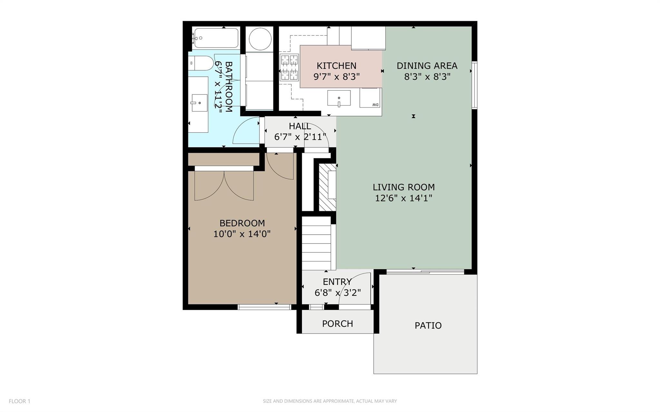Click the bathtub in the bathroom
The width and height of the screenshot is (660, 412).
click(216, 38)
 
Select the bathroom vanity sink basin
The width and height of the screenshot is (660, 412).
click(199, 103)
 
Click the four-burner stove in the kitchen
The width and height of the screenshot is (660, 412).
click(289, 67)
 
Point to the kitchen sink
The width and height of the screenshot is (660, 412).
click(339, 98)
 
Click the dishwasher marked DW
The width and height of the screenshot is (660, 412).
click(370, 98)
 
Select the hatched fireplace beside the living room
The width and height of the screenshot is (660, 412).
click(327, 187)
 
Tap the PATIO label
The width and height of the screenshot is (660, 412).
click(428, 325)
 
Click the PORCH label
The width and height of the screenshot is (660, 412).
click(337, 323)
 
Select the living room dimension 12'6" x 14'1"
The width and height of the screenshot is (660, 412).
click(403, 198)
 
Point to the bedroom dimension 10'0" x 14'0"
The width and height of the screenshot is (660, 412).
click(242, 234)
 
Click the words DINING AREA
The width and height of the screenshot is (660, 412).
click(427, 66)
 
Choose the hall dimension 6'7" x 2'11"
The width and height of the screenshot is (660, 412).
click(300, 137)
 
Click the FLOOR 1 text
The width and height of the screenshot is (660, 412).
click(19, 401)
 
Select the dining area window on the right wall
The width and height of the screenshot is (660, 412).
click(474, 84)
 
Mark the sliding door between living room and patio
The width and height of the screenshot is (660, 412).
click(425, 273)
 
